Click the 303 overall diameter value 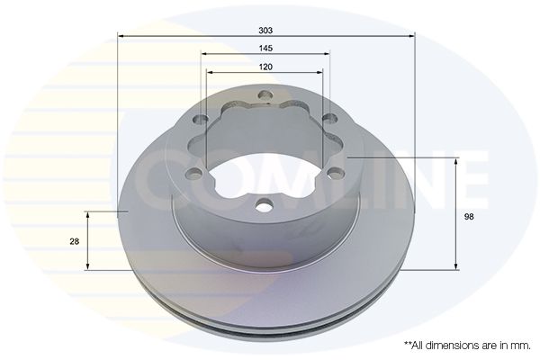[266, 29]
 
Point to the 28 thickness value [75, 241]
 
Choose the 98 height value [469, 216]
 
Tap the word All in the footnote [419, 345]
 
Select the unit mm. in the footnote [520, 345]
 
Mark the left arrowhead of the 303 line [121, 36]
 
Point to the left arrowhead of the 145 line [204, 54]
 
